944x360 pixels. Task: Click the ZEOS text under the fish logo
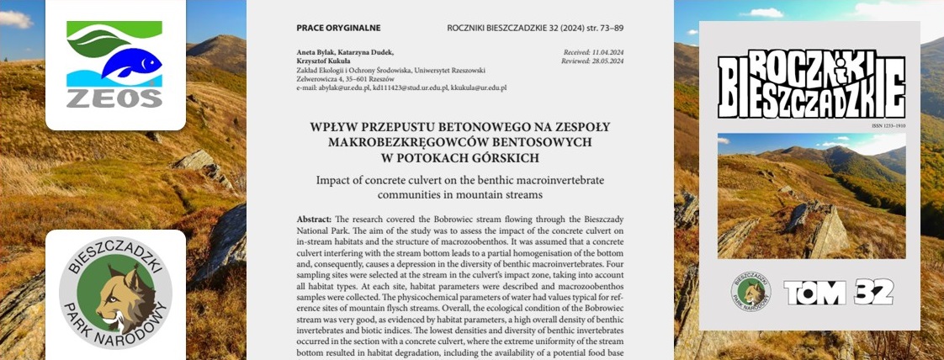point(114,98)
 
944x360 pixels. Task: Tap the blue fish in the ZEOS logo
point(128,63)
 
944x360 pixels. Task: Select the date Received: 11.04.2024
point(593,53)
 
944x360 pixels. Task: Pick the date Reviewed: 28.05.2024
point(593,62)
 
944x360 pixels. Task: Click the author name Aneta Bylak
point(323,53)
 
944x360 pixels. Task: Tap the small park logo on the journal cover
point(750,292)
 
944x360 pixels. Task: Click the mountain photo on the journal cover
point(811,195)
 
